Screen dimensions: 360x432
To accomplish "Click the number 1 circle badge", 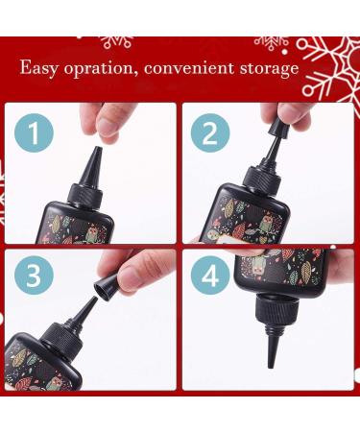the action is coord(34,132).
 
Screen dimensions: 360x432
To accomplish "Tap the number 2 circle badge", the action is coord(210,132).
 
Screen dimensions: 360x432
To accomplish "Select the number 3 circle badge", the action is coord(34,276).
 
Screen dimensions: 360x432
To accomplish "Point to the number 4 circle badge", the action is coord(210,276).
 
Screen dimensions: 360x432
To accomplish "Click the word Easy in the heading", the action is coord(38,68).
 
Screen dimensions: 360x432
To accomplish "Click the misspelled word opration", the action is coord(100,69).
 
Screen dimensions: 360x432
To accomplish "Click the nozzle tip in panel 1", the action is coord(97,149).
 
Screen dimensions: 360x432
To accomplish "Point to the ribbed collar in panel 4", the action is coord(273,314).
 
